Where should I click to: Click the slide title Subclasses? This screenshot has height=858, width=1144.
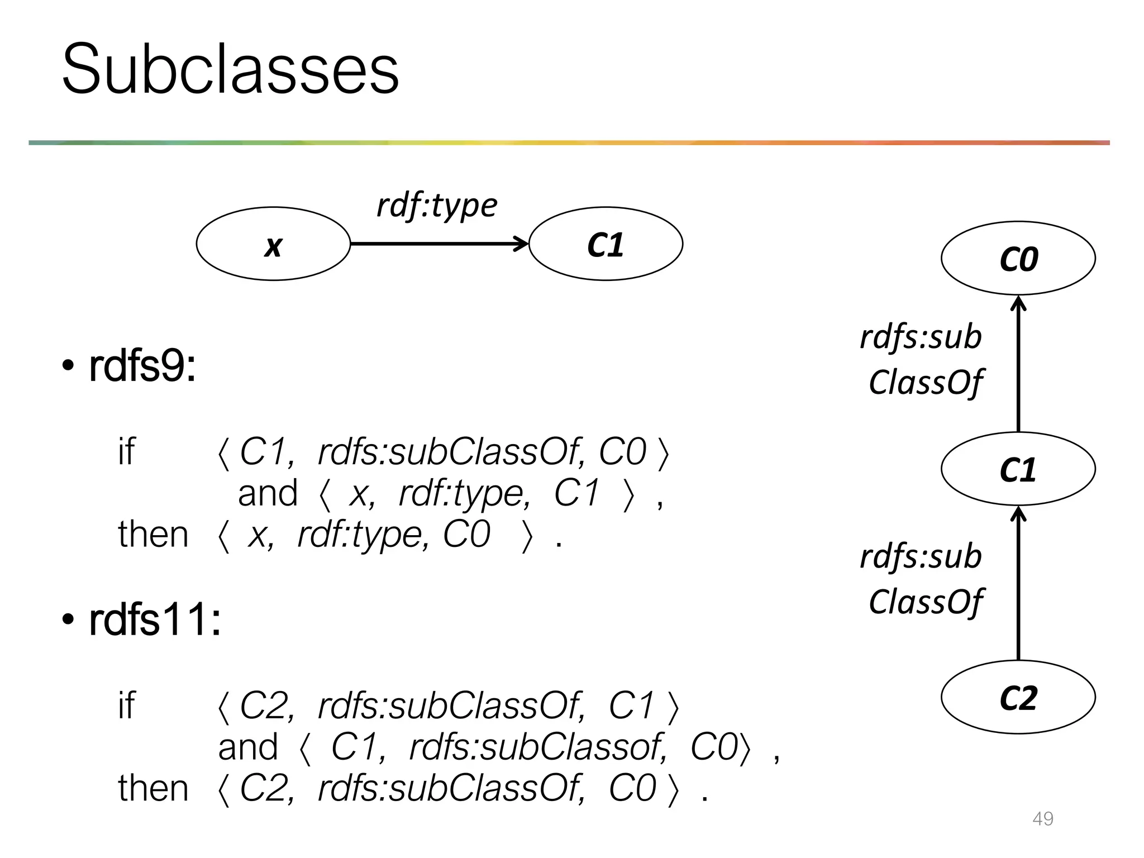click(x=230, y=69)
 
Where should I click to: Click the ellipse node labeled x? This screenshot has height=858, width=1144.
click(x=273, y=244)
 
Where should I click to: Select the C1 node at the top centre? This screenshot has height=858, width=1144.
click(x=606, y=244)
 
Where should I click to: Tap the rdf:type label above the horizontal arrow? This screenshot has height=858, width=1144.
click(x=437, y=205)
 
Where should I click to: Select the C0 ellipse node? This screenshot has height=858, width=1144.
click(x=1018, y=258)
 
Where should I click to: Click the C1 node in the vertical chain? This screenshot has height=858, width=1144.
click(x=1018, y=469)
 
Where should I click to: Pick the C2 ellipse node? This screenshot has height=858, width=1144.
click(x=1018, y=697)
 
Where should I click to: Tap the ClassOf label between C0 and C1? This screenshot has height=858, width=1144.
click(x=926, y=382)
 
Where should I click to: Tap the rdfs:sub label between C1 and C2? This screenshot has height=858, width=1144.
click(x=921, y=556)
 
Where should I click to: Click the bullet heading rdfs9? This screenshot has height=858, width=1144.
click(x=142, y=367)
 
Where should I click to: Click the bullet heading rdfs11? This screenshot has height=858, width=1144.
click(x=155, y=620)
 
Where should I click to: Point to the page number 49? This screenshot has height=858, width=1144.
click(x=1043, y=818)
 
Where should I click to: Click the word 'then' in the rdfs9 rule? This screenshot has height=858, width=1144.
click(x=153, y=535)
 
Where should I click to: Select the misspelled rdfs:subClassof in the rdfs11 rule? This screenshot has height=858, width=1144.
click(x=537, y=747)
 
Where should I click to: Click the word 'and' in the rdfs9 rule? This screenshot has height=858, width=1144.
click(x=268, y=493)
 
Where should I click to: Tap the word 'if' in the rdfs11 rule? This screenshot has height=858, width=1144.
click(x=126, y=705)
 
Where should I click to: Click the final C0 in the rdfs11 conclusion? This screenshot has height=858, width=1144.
click(x=632, y=789)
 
